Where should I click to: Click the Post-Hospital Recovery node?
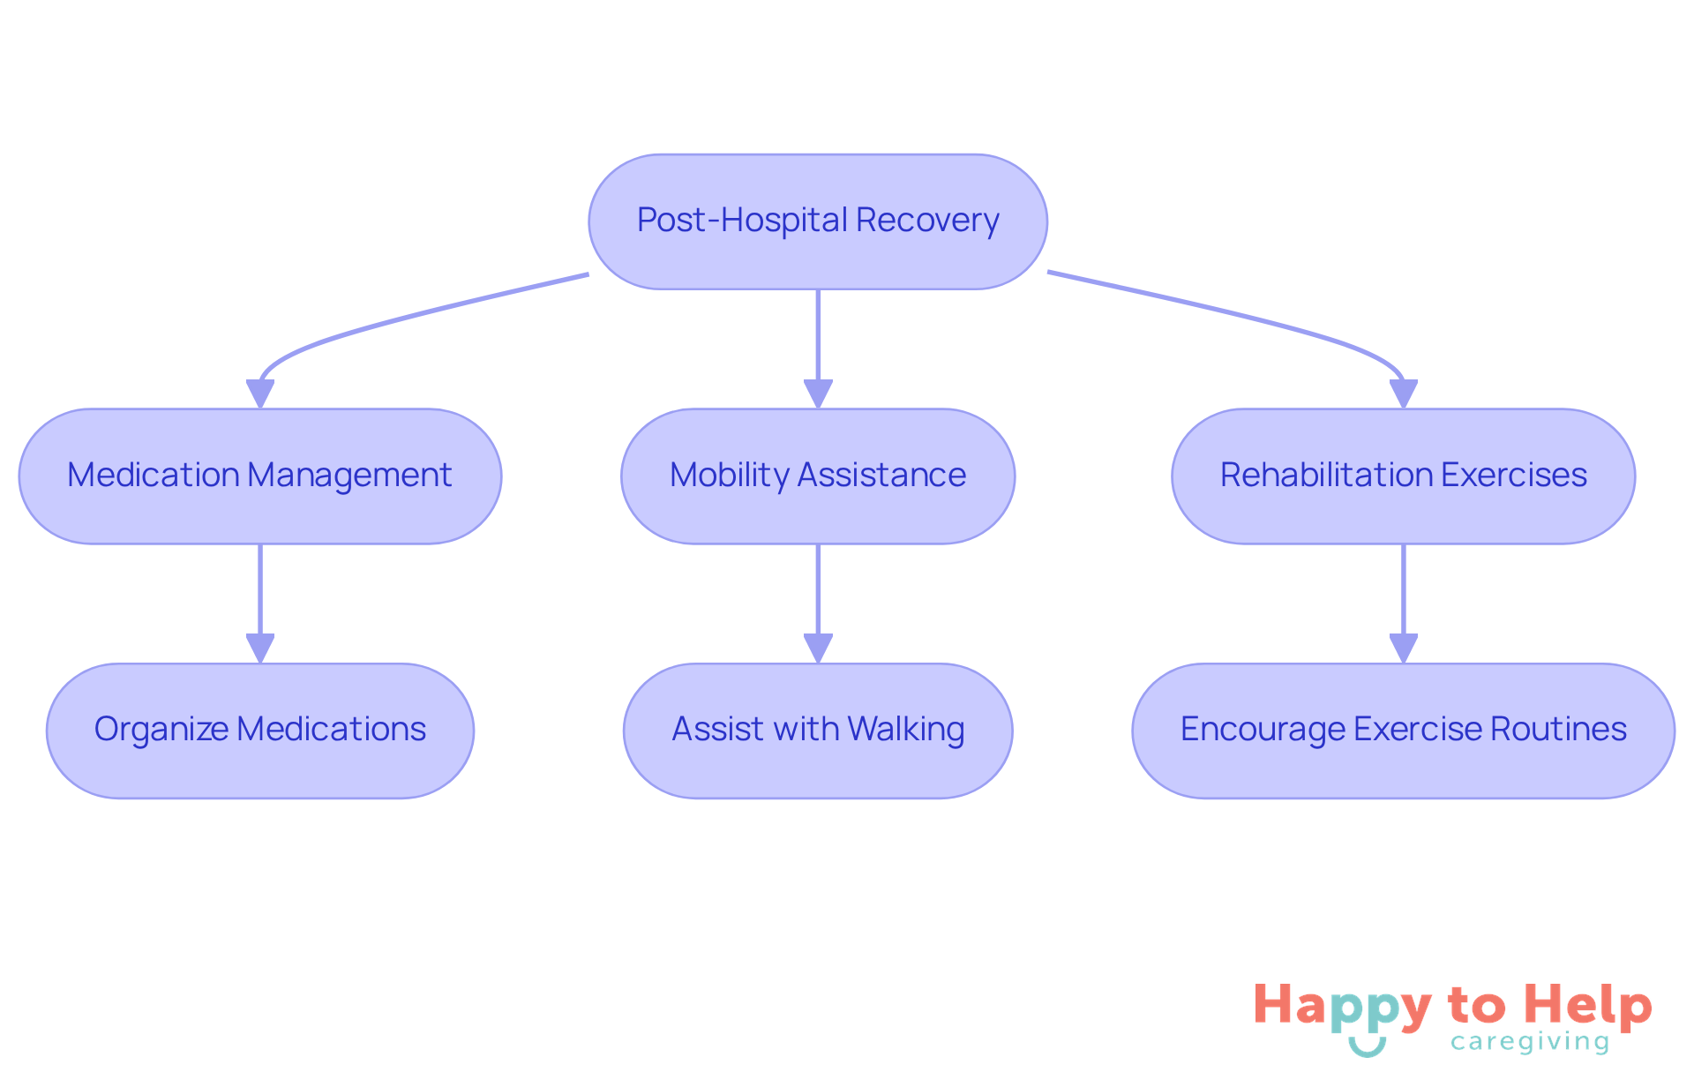pos(817,221)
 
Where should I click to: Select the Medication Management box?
pos(259,476)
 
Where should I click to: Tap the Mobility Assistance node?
pos(817,476)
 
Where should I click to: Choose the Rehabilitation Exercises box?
pos(1403,476)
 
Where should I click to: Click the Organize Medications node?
pos(259,731)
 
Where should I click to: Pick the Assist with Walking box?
pos(817,731)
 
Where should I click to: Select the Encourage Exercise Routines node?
pos(1403,731)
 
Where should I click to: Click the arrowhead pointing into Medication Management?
pos(259,394)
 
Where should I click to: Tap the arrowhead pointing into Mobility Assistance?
pos(818,394)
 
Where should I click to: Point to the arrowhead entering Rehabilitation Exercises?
pos(1403,394)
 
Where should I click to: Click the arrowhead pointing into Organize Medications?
pos(259,648)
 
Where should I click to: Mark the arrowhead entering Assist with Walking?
pos(818,648)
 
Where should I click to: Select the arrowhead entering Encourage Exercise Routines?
pos(1403,648)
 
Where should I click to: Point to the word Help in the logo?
pos(1588,1007)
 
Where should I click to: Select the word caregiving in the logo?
pos(1530,1043)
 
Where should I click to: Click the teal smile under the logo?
pos(1367,1047)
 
